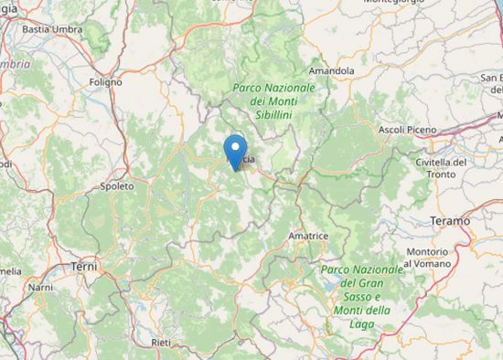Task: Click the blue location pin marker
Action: click(237, 150)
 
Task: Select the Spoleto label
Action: click(117, 185)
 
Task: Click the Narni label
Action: click(40, 287)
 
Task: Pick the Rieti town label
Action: click(161, 342)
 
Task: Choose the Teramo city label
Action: click(450, 221)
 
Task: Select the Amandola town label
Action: click(331, 70)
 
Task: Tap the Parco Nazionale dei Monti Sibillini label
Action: click(273, 102)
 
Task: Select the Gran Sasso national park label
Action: click(362, 291)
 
